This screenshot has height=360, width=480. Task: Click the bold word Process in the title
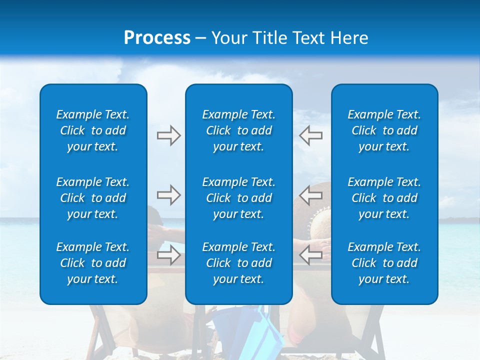[157, 38]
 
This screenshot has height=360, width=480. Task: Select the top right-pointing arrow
[169, 135]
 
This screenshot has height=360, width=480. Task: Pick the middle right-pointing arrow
[169, 195]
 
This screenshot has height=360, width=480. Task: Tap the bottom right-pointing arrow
[169, 255]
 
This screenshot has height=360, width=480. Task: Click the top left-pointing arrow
[311, 135]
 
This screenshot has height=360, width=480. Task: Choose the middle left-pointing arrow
[311, 195]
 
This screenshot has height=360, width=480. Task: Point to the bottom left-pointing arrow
[311, 255]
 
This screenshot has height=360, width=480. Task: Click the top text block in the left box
[93, 130]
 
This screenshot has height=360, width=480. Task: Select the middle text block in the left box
[93, 198]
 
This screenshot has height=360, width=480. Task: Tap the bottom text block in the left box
[93, 263]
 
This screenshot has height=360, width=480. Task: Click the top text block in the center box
[238, 130]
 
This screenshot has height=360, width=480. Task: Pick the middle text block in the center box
[238, 198]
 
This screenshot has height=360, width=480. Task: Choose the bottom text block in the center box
[238, 263]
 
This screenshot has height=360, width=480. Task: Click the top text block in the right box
[384, 130]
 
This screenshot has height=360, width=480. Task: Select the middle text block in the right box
[384, 198]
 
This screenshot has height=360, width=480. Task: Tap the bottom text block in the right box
[384, 263]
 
